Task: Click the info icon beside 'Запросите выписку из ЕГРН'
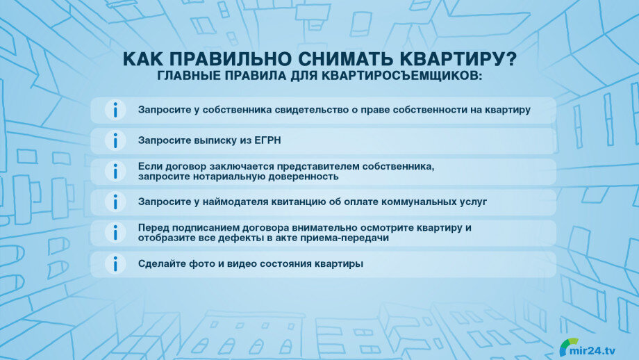(115, 140)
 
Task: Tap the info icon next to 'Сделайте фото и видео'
(115, 264)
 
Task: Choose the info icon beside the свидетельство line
(115, 110)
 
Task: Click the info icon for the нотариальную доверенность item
(115, 171)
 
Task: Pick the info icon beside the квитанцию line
(115, 202)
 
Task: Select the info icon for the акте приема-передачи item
(115, 233)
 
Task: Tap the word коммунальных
(419, 202)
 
